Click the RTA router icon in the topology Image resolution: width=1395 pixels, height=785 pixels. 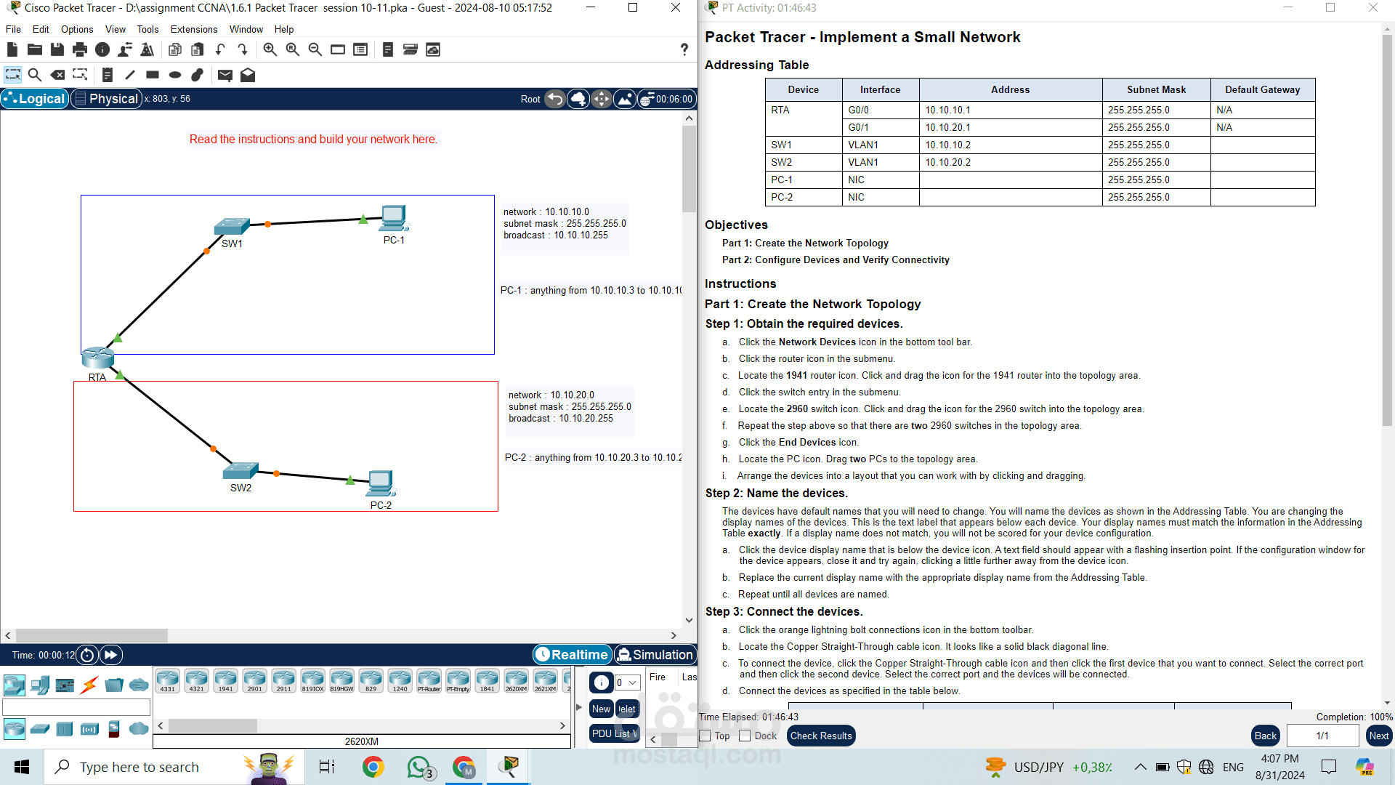[97, 357]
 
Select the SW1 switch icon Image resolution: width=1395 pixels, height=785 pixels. [232, 226]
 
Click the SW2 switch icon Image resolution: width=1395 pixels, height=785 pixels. [240, 470]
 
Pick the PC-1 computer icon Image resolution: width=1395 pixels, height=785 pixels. [394, 218]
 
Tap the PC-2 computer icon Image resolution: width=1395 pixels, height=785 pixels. [381, 483]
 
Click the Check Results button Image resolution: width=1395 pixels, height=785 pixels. [820, 736]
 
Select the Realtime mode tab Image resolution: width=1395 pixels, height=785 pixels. [572, 654]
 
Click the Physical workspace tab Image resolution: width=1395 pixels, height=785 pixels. [107, 99]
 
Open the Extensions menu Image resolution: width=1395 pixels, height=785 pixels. [193, 29]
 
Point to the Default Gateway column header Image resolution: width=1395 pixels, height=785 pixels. [1262, 89]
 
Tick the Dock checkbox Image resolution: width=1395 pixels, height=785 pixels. [745, 736]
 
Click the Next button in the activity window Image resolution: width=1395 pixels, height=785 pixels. [1378, 736]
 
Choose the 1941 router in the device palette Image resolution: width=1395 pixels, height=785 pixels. [225, 680]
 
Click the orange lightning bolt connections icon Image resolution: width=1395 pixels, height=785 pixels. [89, 685]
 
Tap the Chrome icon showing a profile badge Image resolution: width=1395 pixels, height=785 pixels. [464, 767]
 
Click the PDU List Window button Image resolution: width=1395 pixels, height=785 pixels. [614, 733]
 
